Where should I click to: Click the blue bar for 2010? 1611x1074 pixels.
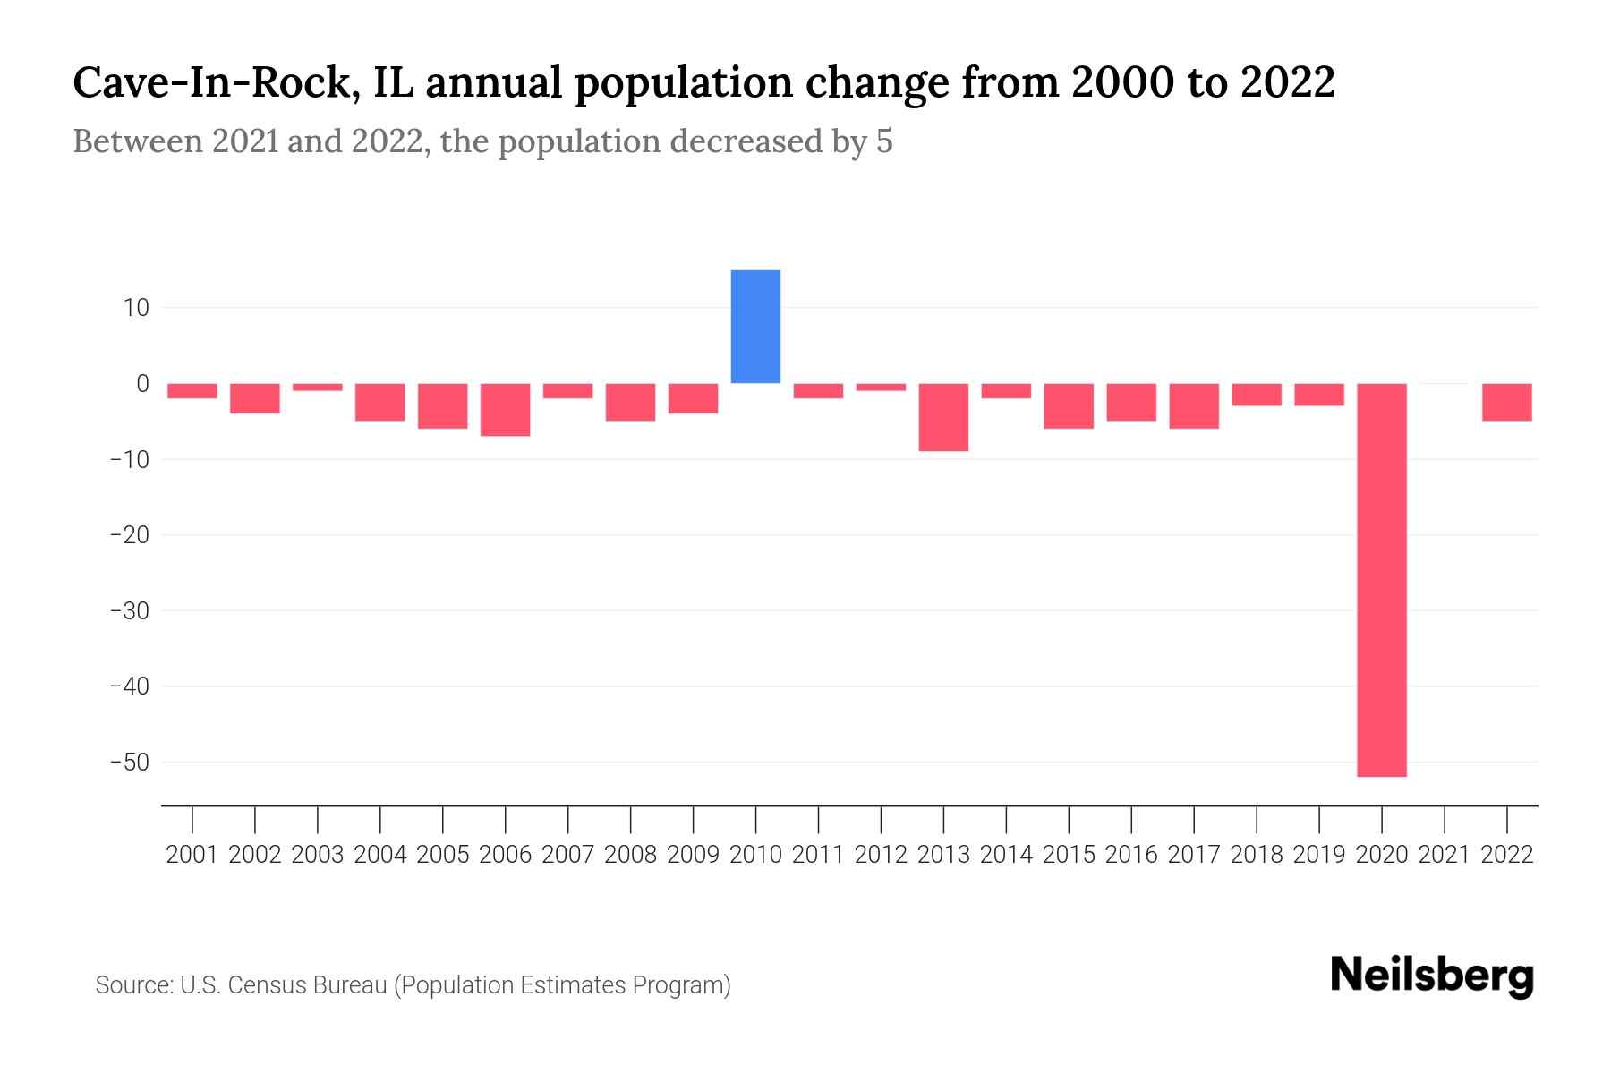(755, 327)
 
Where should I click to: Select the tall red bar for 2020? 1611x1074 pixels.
(1382, 580)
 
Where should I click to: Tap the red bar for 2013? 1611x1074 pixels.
(943, 417)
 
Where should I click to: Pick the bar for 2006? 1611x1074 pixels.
(506, 410)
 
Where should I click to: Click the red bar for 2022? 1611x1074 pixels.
(1507, 402)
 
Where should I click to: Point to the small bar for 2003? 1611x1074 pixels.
(318, 387)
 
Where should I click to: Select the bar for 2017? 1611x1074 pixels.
(1194, 406)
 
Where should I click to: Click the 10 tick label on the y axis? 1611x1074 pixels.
(136, 308)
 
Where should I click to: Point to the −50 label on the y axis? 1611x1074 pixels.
(129, 763)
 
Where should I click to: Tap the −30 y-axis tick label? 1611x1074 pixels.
(129, 610)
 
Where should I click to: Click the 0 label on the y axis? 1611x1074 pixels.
(142, 384)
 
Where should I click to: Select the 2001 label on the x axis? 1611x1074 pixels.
(192, 855)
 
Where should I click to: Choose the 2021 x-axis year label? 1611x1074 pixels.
(1445, 855)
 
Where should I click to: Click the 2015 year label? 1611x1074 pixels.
(1069, 855)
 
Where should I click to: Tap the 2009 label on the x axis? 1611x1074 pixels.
(694, 855)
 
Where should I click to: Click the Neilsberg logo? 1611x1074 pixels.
(1432, 976)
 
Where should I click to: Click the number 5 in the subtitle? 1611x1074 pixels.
(884, 142)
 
